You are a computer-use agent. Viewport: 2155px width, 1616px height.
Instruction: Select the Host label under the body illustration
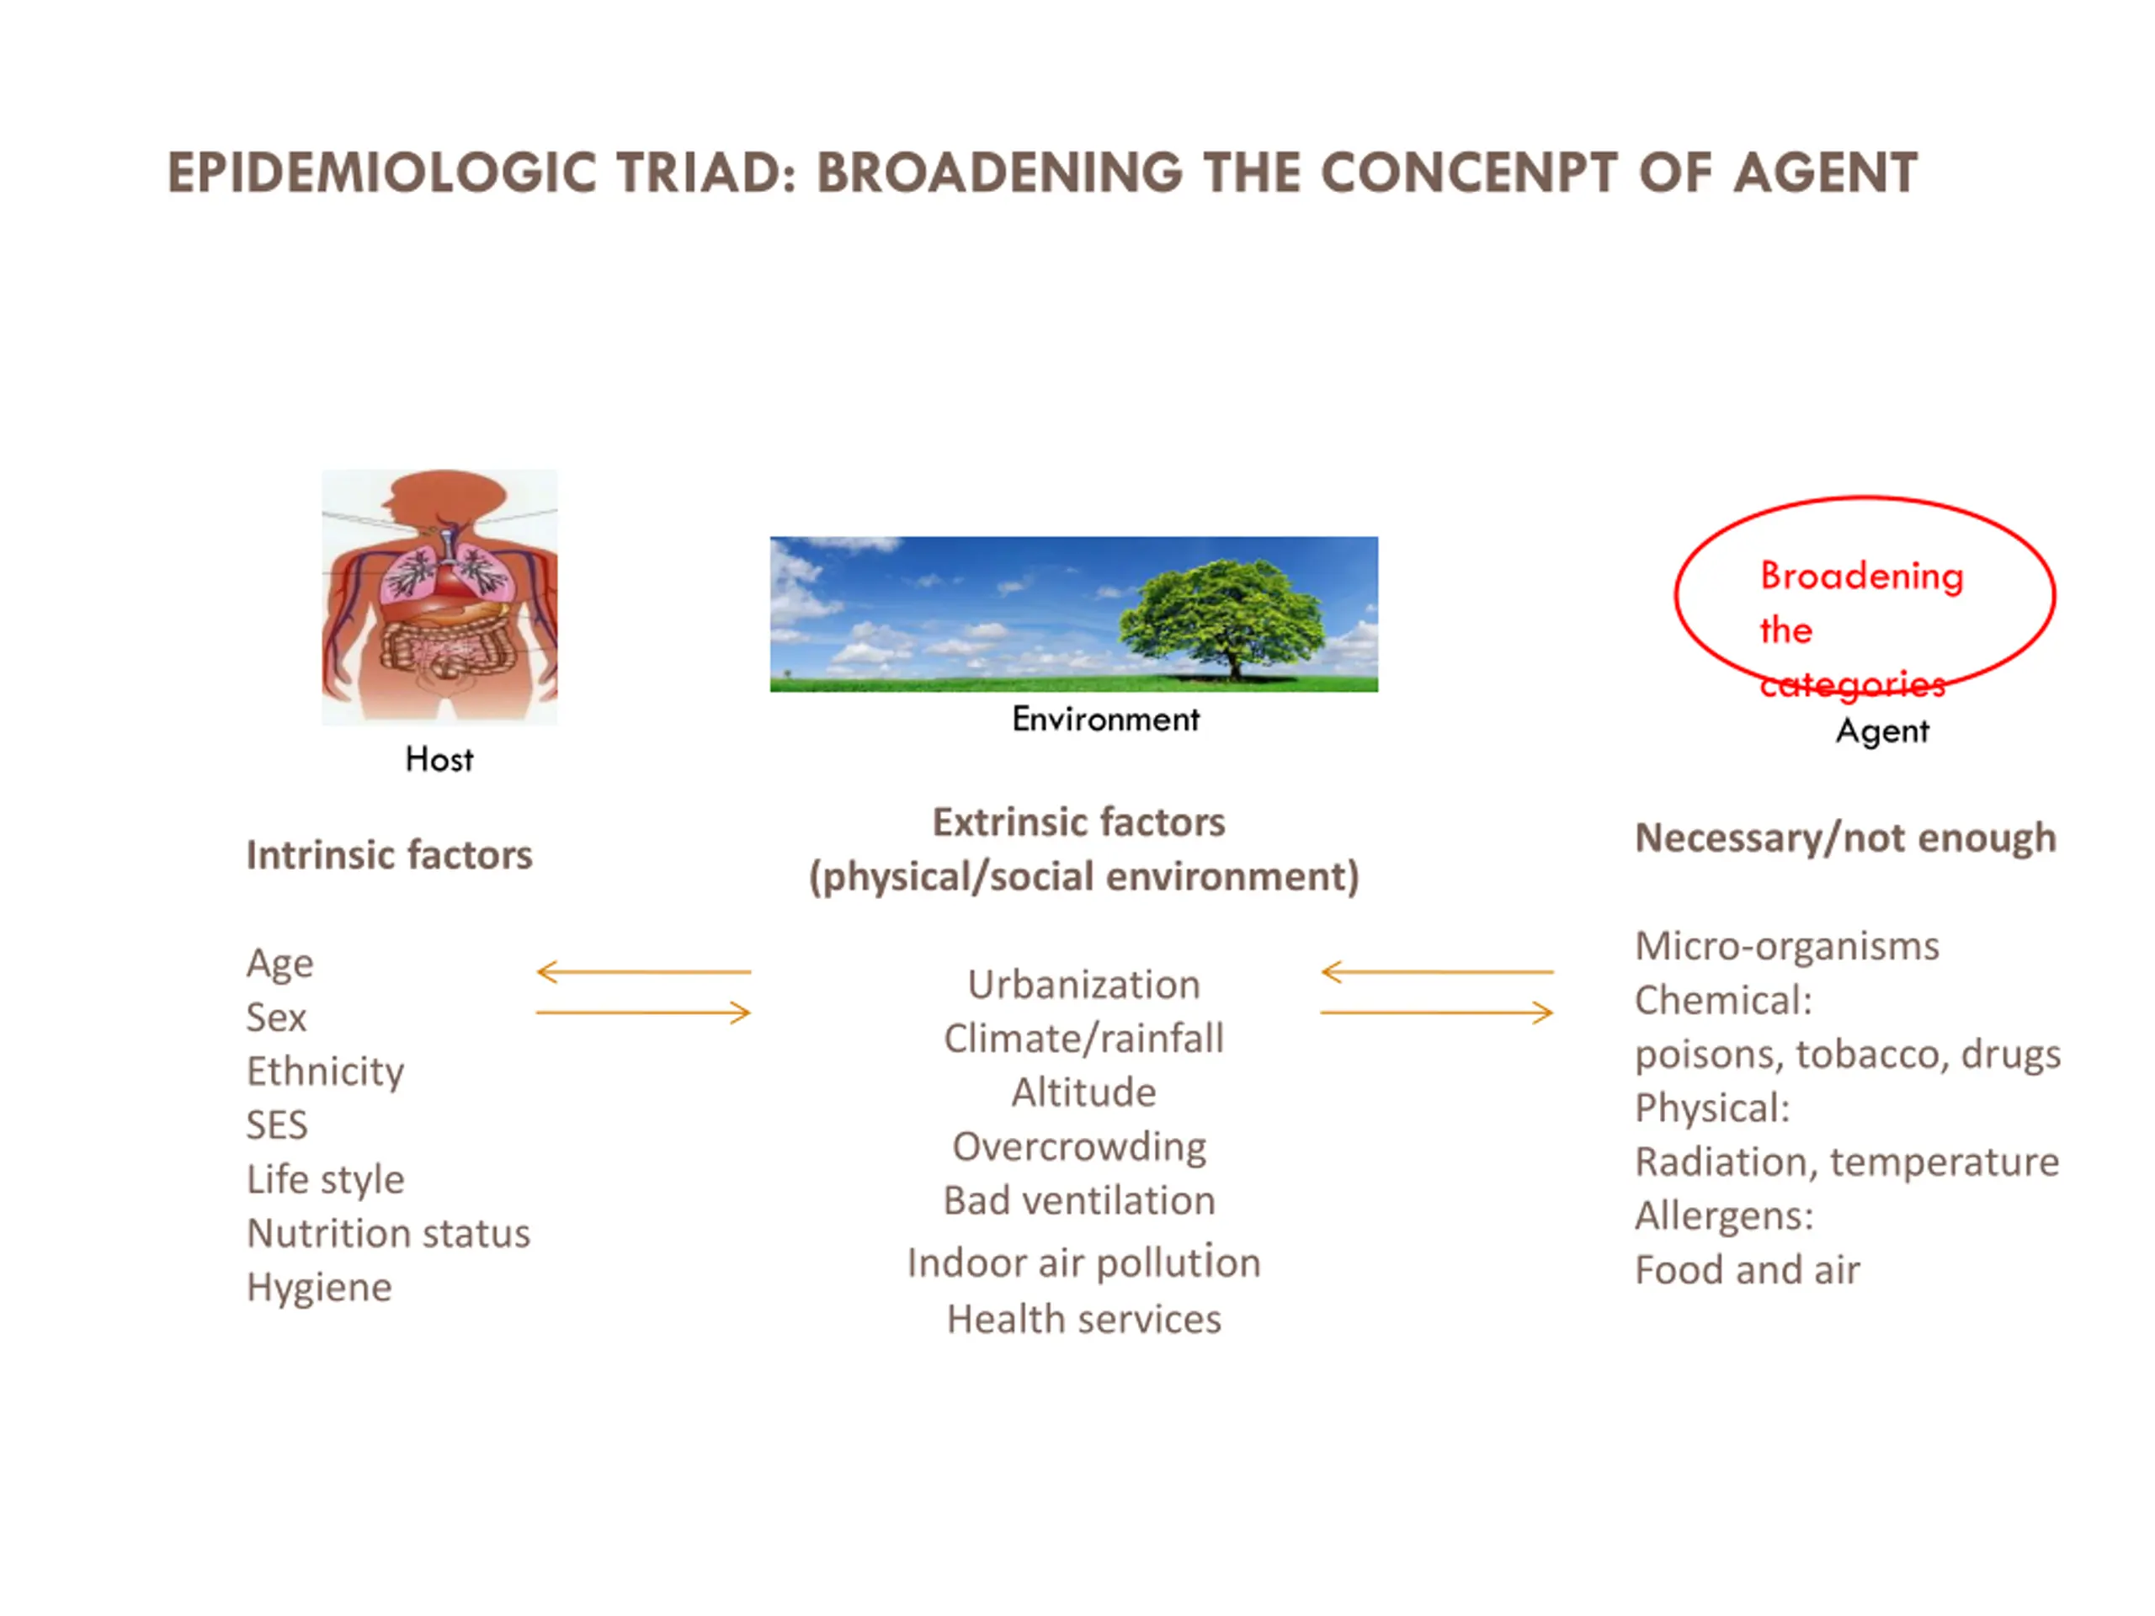click(x=439, y=759)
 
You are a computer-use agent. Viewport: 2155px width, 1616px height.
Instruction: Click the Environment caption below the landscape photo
click(x=1106, y=719)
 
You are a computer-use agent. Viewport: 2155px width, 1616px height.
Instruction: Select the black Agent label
click(x=1882, y=731)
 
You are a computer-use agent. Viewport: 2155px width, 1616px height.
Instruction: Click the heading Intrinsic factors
click(x=390, y=855)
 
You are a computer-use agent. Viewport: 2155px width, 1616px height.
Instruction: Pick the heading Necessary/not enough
click(x=1845, y=838)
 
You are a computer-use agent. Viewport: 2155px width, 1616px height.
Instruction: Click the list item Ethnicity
click(x=326, y=1071)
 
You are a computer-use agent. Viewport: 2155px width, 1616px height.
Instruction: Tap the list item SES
click(x=277, y=1125)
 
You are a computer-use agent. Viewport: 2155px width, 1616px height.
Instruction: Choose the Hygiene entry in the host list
click(x=320, y=1288)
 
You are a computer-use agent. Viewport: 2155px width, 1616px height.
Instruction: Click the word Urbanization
click(x=1083, y=985)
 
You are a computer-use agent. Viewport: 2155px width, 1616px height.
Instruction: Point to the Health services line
click(x=1083, y=1320)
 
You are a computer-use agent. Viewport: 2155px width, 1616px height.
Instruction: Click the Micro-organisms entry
click(x=1787, y=946)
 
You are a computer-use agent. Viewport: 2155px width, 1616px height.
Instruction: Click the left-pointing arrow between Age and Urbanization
click(x=644, y=971)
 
